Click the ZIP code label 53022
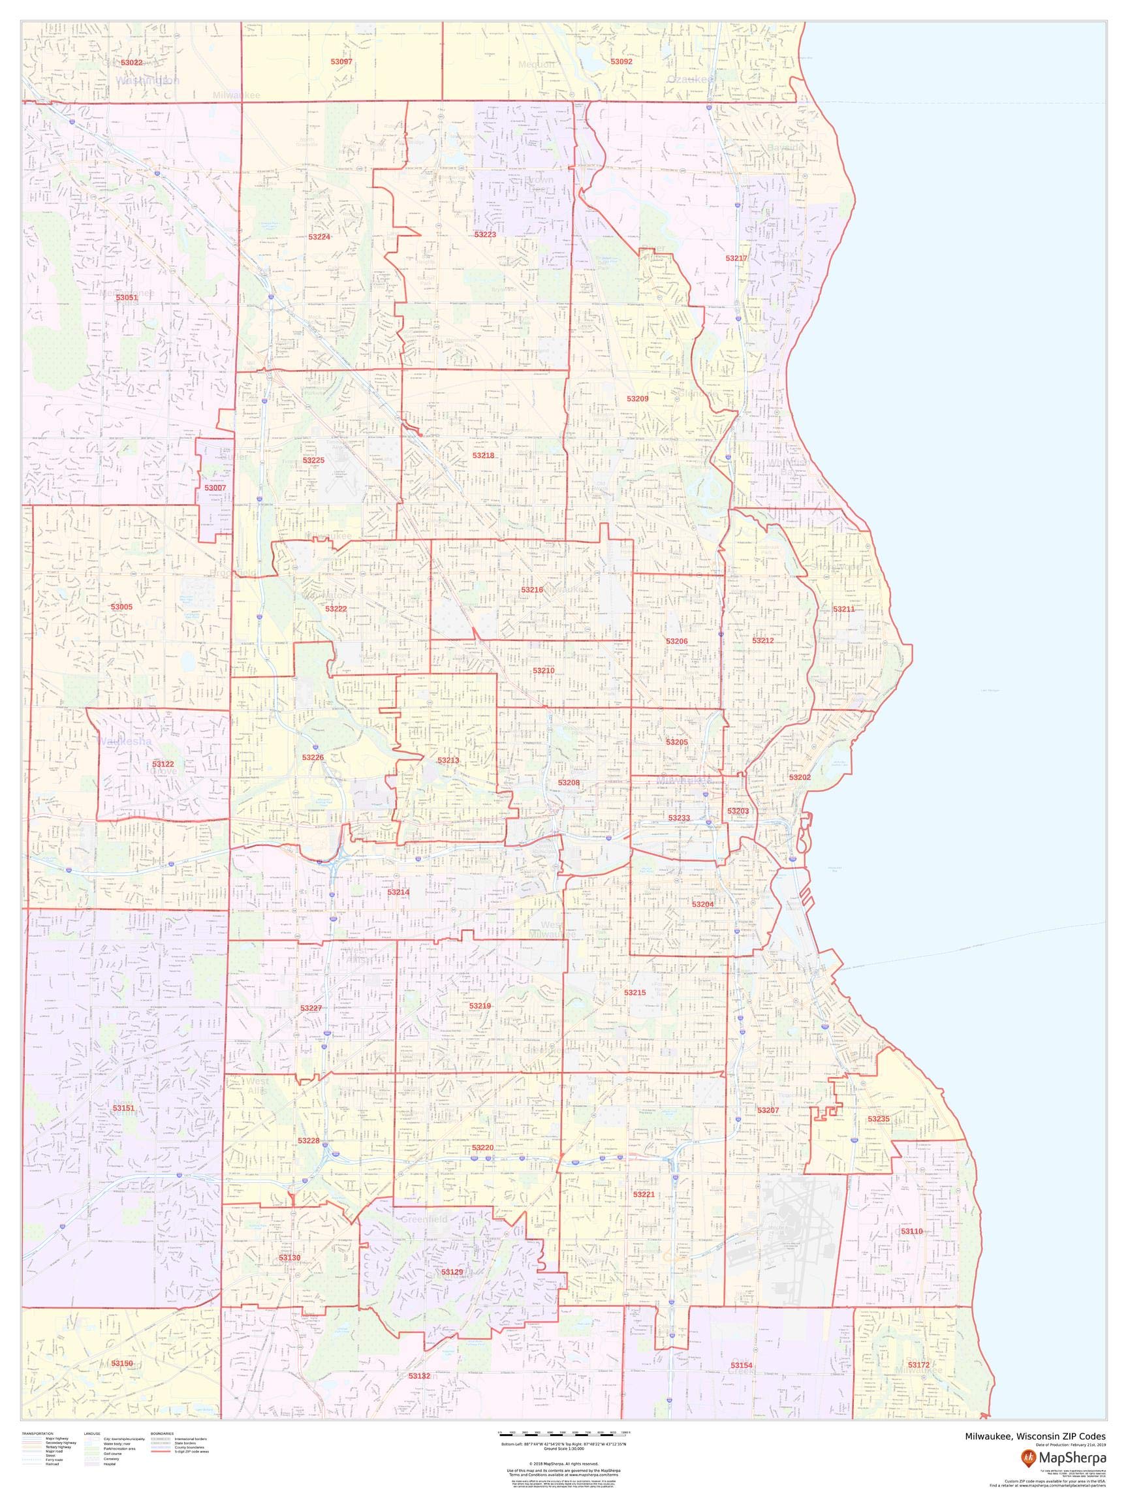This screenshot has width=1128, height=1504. (x=131, y=63)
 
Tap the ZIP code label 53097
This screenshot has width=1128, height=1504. (x=341, y=61)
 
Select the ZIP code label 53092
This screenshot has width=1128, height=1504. (x=621, y=61)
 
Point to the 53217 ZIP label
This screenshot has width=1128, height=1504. (x=736, y=258)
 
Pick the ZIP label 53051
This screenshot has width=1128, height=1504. (x=127, y=297)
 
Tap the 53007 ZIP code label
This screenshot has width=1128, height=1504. (x=215, y=488)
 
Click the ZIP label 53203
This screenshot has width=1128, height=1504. (x=738, y=811)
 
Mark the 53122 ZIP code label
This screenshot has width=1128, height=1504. (x=163, y=764)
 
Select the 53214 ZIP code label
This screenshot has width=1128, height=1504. (x=398, y=892)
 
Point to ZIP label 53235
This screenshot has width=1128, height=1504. (x=878, y=1118)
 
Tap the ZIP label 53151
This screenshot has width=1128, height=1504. (x=124, y=1108)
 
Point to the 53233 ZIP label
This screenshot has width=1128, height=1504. (x=679, y=818)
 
